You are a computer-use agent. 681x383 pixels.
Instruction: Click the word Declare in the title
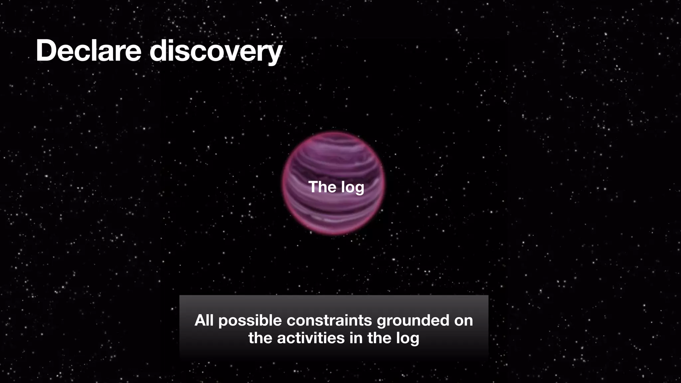[x=88, y=51]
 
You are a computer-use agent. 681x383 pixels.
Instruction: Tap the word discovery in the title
[x=216, y=52]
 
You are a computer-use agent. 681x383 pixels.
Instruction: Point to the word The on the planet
[x=320, y=187]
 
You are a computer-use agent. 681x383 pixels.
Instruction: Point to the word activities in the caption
[x=311, y=338]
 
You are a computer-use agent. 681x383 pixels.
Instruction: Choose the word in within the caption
[x=356, y=338]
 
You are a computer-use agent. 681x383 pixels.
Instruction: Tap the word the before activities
[x=261, y=338]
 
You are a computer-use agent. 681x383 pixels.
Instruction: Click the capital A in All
[x=200, y=320]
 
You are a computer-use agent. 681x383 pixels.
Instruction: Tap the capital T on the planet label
[x=313, y=187]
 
